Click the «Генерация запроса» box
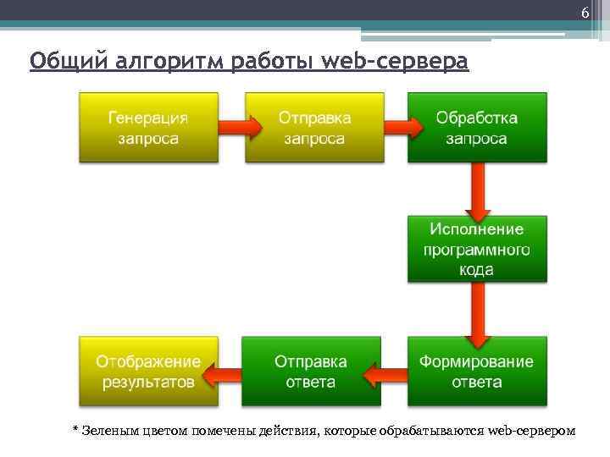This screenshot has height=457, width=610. coord(148,127)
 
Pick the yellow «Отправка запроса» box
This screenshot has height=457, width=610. coord(313,127)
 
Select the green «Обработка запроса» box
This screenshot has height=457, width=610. coord(477,127)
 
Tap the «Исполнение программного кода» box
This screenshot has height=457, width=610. coord(477,249)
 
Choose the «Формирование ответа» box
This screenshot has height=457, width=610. coord(477,372)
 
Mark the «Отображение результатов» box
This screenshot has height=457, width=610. coord(148,372)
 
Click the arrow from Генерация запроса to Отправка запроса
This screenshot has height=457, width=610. coord(231,127)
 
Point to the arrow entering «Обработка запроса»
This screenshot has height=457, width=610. coord(396,127)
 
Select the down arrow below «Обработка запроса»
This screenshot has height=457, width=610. coord(478,188)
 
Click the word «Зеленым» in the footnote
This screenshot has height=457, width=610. coord(108,431)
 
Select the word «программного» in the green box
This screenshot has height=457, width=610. coord(477,250)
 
